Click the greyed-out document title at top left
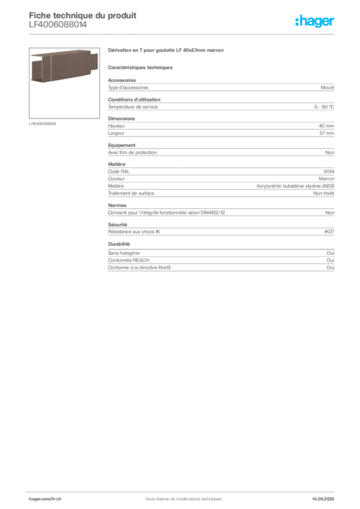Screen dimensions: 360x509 (83, 15)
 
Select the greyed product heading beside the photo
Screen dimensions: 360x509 (167, 51)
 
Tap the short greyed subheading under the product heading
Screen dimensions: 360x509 (141, 67)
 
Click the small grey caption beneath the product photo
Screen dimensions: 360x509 (44, 124)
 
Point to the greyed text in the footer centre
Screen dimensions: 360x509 (180, 496)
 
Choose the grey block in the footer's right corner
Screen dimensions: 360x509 (326, 496)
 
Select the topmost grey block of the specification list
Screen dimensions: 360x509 (220, 88)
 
